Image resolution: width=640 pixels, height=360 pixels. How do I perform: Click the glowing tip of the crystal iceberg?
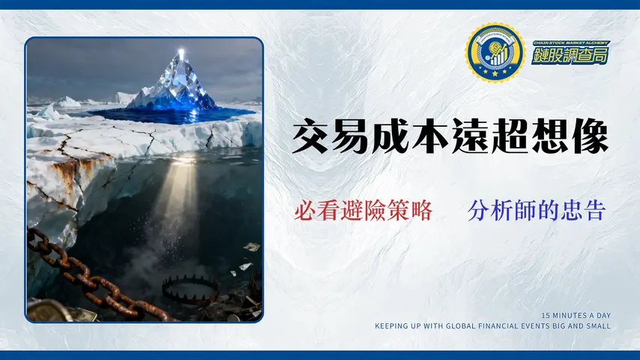pos(181,53)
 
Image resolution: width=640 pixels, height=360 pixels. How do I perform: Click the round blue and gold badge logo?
pos(494,52)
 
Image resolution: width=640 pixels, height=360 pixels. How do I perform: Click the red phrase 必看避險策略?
pos(363,211)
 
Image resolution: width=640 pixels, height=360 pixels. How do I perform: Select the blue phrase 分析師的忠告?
pos(536,211)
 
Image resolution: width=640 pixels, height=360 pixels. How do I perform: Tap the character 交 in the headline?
pos(311,139)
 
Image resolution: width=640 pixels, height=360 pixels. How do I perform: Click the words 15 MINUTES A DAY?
pos(576,315)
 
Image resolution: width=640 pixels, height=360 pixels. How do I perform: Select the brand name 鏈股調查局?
pos(570,55)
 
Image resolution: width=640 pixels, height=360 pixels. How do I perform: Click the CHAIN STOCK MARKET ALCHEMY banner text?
pos(571,43)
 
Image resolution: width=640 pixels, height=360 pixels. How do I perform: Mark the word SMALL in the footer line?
pos(598,325)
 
